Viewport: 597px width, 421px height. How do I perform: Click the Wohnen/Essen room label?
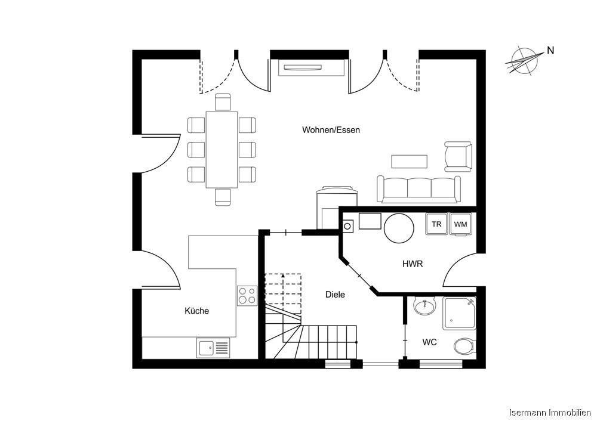click(331, 130)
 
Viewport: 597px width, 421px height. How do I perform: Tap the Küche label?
click(196, 311)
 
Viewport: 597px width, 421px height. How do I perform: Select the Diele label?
click(335, 295)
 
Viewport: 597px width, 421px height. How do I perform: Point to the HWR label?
click(413, 264)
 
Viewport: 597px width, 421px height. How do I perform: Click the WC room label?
click(429, 342)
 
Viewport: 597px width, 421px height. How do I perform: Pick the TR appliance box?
click(436, 224)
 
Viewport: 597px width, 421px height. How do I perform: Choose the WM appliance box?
click(460, 224)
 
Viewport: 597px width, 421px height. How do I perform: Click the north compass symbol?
click(522, 61)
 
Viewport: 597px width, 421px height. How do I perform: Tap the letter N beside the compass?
click(550, 51)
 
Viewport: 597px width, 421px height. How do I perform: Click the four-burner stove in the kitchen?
click(247, 296)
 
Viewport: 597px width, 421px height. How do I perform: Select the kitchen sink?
click(213, 347)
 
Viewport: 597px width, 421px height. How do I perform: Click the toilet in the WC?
click(464, 346)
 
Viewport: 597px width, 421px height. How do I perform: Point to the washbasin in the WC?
click(425, 307)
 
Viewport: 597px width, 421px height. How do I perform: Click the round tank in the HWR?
click(398, 228)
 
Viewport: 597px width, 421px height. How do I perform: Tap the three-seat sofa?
click(418, 189)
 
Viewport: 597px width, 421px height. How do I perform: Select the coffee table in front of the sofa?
click(409, 162)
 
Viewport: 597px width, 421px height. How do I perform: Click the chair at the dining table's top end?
click(222, 102)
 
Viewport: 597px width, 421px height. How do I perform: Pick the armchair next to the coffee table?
click(458, 156)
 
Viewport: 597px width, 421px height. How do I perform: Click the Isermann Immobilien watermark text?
click(549, 413)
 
